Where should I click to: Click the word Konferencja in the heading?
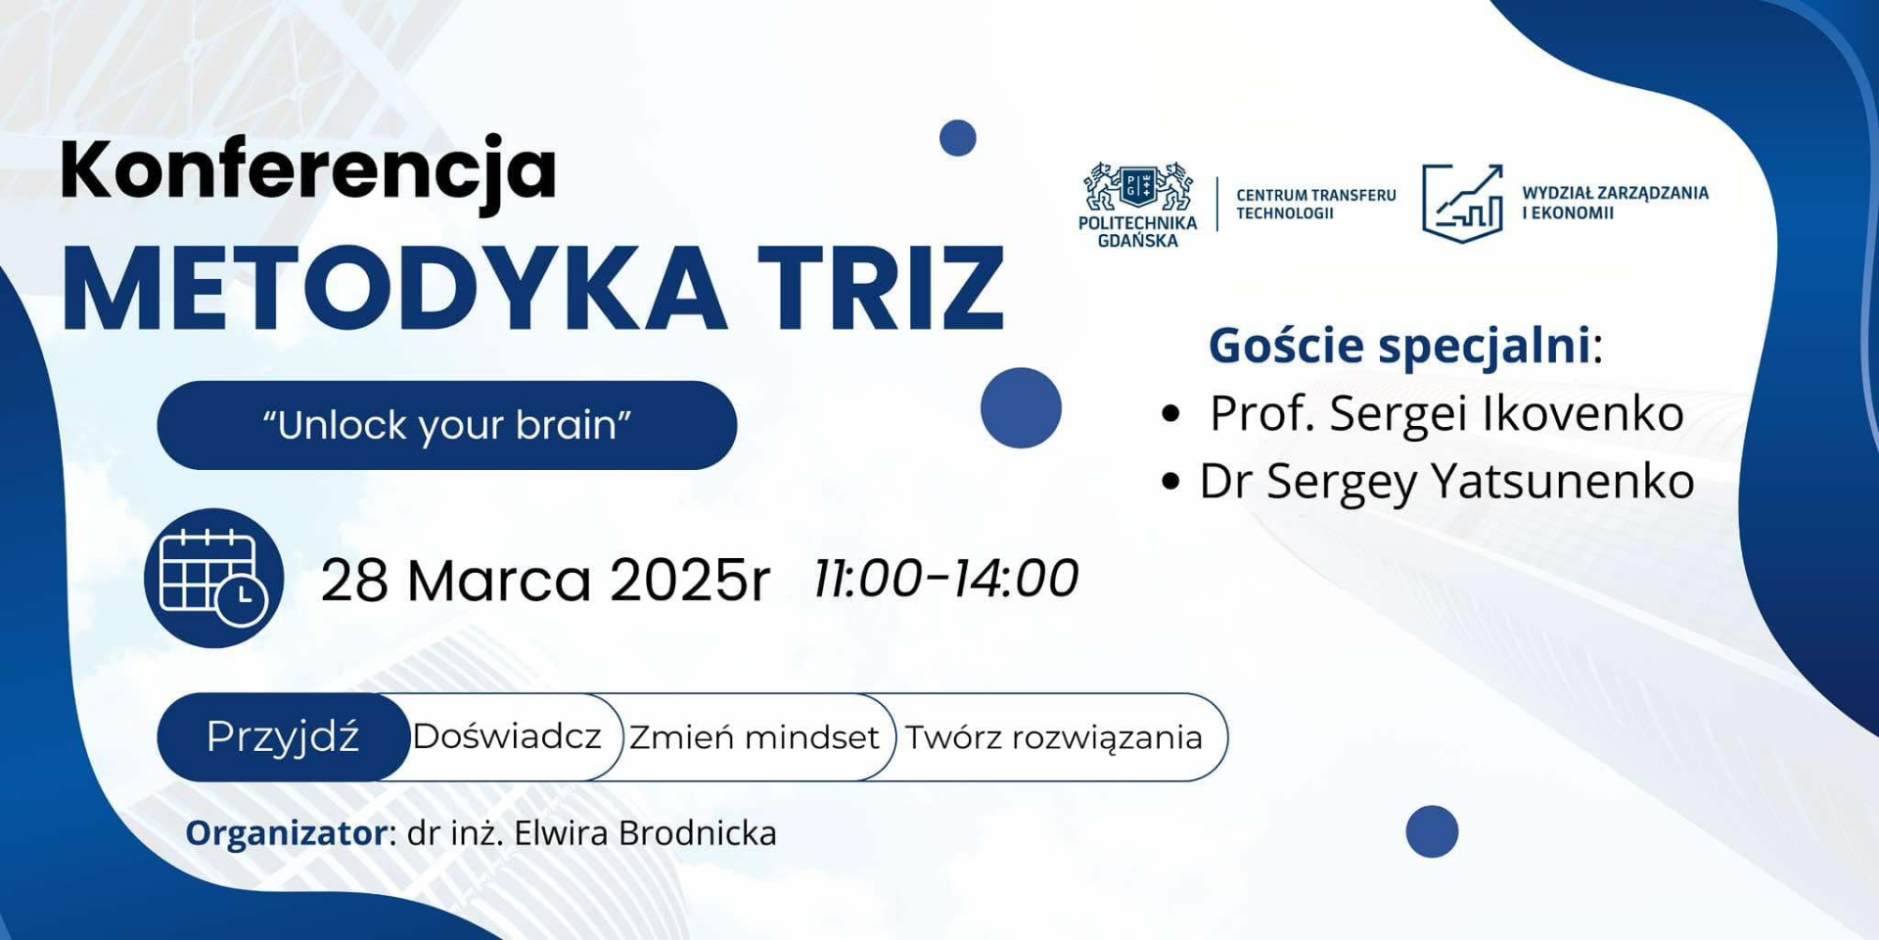(x=308, y=172)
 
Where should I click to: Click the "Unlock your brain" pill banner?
(x=446, y=425)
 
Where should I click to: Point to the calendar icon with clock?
(x=213, y=578)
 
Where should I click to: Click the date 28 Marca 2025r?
(x=545, y=580)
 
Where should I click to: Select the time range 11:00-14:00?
(x=946, y=578)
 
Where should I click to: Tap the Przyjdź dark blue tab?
(x=283, y=737)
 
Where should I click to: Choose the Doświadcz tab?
(x=507, y=736)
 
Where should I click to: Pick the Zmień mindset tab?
(x=754, y=737)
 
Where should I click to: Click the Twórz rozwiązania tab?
(x=1053, y=737)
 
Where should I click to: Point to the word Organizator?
(x=288, y=833)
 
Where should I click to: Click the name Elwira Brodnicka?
(x=645, y=833)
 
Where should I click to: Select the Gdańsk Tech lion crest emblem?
(x=1138, y=186)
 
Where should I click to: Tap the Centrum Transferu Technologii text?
(x=1316, y=204)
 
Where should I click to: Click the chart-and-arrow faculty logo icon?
(x=1463, y=203)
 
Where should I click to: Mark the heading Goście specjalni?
(x=1405, y=347)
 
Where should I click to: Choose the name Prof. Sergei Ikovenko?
(x=1446, y=413)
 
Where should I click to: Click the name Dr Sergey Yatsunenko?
(x=1446, y=482)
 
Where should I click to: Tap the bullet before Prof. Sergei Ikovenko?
(x=1170, y=414)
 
